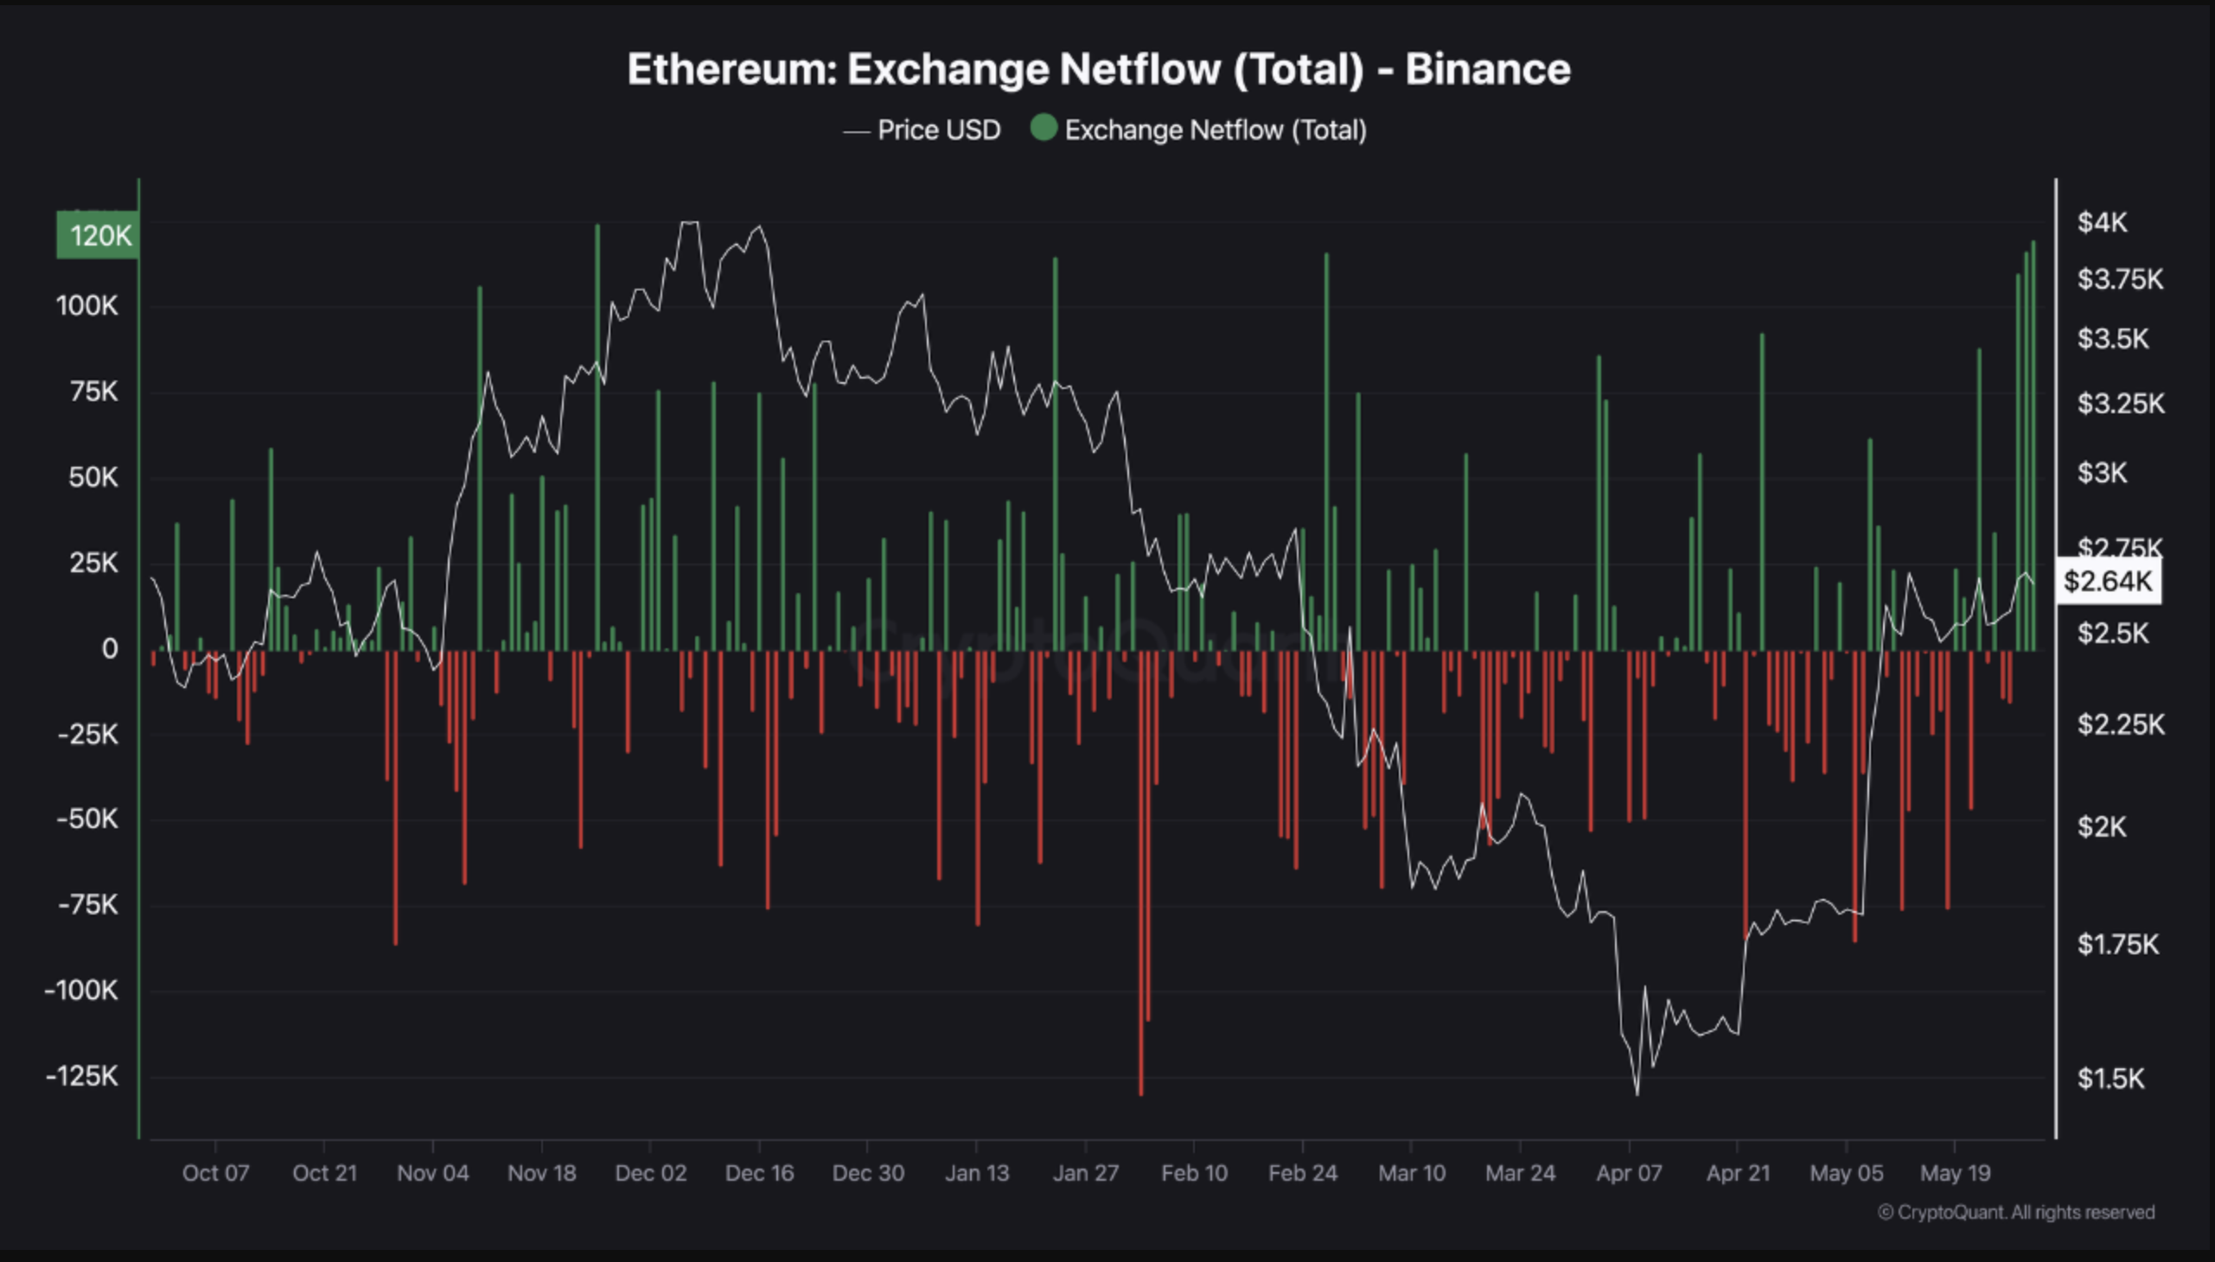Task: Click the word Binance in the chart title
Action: (1487, 69)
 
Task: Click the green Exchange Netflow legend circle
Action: (1044, 128)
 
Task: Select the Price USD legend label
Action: (938, 130)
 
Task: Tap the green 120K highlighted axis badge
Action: (98, 235)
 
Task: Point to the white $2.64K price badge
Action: (2108, 581)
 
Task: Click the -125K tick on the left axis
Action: (82, 1075)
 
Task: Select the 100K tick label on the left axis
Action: (86, 306)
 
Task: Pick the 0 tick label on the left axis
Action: (109, 648)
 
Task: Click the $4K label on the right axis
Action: (2102, 223)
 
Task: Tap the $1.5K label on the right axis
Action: (2110, 1078)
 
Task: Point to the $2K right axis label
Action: (2102, 827)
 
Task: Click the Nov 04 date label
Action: (432, 1173)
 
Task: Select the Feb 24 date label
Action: (1302, 1173)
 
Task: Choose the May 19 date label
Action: (1955, 1173)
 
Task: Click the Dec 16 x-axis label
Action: (759, 1173)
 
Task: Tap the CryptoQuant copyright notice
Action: (2016, 1212)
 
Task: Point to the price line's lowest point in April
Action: (1637, 1093)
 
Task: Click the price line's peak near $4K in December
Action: (689, 223)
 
